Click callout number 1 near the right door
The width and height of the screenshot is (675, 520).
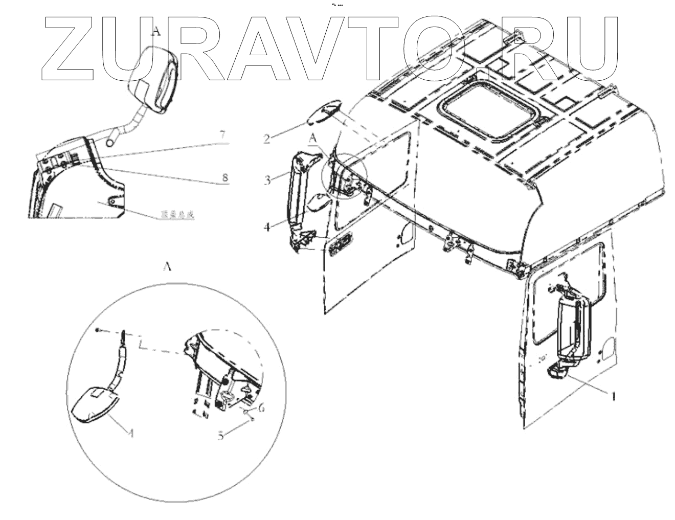[613, 395]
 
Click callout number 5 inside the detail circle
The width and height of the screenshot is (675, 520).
[221, 436]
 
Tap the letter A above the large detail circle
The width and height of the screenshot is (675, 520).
[166, 267]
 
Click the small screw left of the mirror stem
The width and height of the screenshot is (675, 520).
[97, 330]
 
